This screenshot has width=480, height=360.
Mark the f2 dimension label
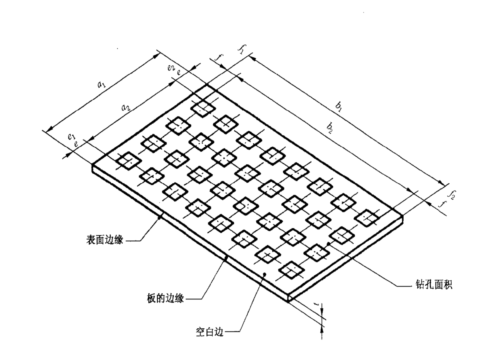[x=452, y=195]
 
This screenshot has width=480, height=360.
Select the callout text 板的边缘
[x=165, y=298]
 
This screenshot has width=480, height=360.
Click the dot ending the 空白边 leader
[x=265, y=274]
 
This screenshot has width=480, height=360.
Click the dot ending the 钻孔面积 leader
[x=328, y=243]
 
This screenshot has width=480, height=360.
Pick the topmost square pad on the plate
[x=203, y=107]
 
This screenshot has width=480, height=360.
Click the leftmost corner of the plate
[x=92, y=165]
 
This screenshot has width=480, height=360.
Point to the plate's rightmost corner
[x=403, y=216]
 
